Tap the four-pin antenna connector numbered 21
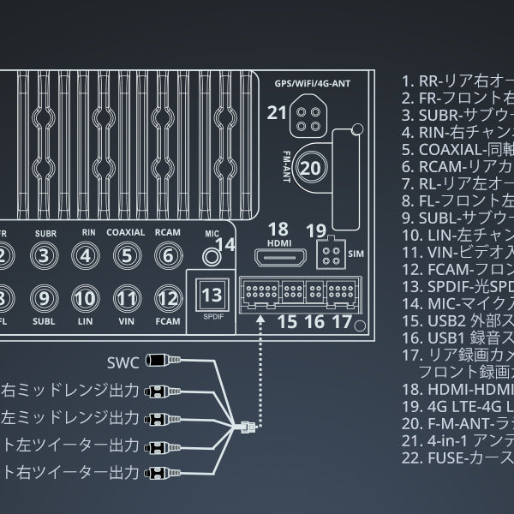pos(306,118)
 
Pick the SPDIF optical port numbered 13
pos(211,296)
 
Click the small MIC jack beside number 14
pos(206,254)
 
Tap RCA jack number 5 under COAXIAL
pos(126,255)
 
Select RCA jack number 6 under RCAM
pos(167,255)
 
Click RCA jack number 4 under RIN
pos(86,255)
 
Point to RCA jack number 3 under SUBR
pos(45,255)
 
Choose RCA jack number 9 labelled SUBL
pos(45,298)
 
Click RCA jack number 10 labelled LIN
pos(85,298)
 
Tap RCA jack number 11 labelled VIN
pos(127,298)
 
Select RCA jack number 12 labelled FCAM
pos(167,298)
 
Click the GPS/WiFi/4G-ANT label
pos(309,84)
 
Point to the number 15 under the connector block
pos(287,322)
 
